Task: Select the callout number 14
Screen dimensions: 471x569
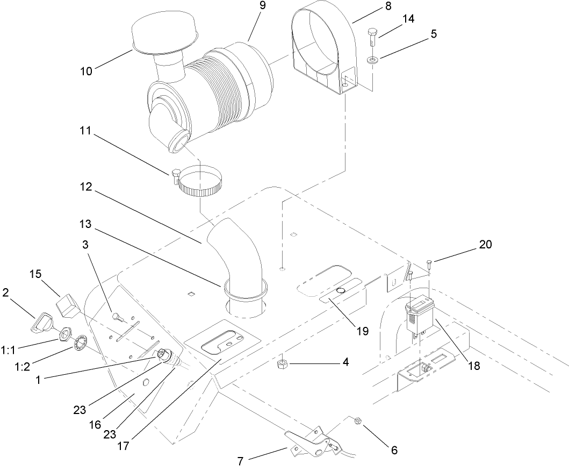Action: tap(408, 19)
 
